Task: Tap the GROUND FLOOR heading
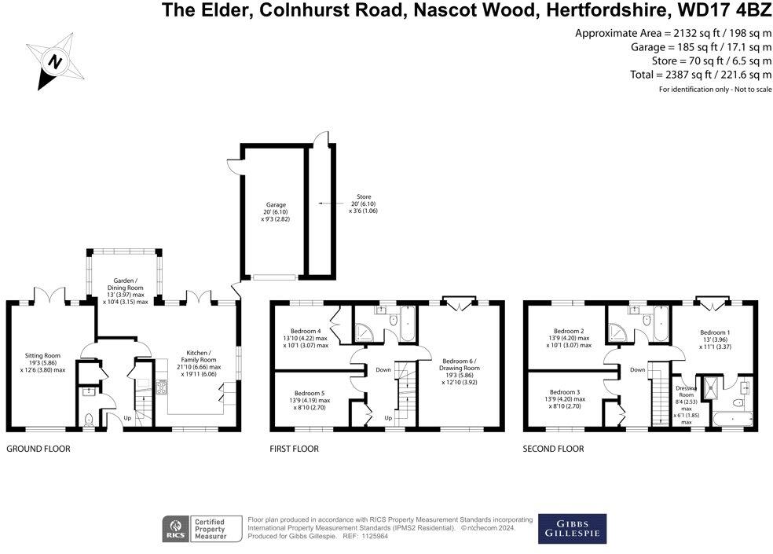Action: [38, 449]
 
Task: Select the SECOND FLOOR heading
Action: [554, 449]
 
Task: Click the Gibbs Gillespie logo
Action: [571, 529]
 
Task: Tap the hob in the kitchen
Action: [163, 387]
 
